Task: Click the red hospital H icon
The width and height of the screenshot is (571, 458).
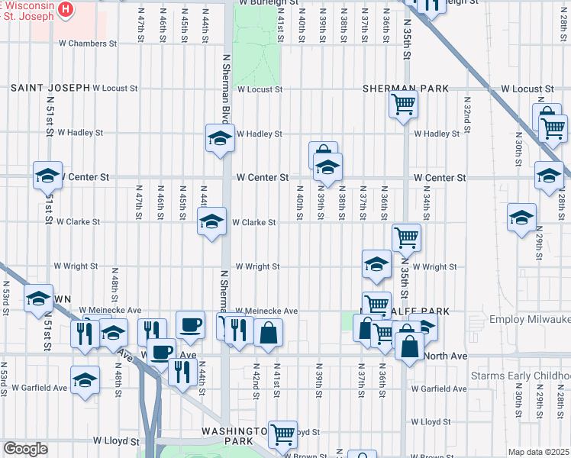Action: [66, 10]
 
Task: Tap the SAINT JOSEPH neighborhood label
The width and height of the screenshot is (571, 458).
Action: [50, 89]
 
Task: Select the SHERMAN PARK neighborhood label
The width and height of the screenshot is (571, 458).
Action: [405, 89]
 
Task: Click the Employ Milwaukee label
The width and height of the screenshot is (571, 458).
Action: [529, 319]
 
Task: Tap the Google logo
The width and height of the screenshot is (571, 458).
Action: [25, 448]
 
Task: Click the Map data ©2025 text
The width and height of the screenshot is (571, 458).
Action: [538, 452]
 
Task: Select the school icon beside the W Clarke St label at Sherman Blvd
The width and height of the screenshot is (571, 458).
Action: [212, 221]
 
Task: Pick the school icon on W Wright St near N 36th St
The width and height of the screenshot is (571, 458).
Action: [376, 264]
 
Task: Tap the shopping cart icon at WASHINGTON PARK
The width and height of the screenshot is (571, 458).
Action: [282, 434]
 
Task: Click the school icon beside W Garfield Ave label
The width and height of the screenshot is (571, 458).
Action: [85, 379]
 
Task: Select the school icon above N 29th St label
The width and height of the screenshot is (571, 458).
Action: [522, 217]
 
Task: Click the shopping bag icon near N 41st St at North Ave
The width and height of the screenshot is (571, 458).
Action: [269, 332]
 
